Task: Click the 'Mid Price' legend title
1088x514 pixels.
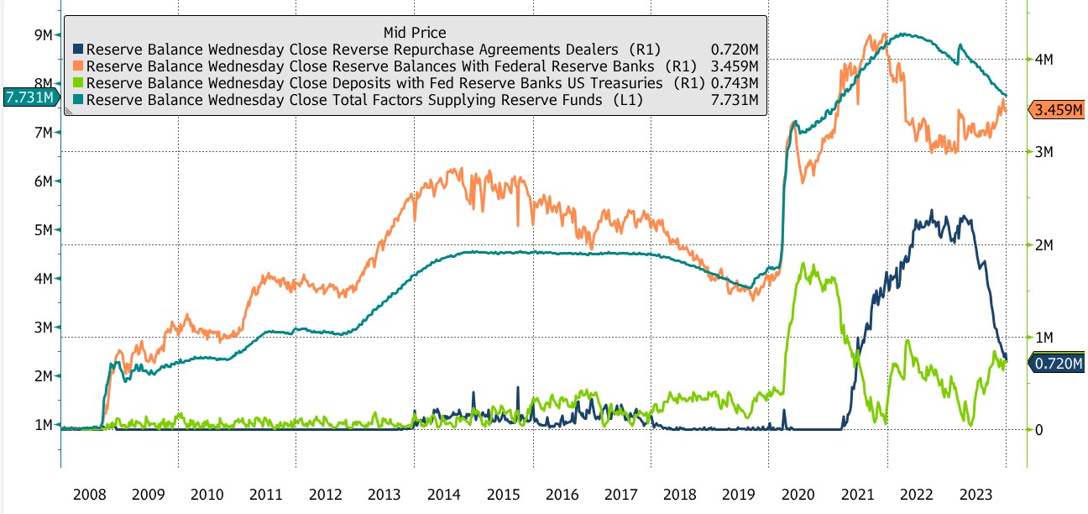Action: (x=415, y=33)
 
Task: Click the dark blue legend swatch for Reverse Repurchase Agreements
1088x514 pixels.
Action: (x=79, y=50)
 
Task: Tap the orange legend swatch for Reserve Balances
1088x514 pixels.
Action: (x=79, y=66)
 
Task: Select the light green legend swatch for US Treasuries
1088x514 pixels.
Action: (x=79, y=83)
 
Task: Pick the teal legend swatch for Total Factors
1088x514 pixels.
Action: (x=79, y=100)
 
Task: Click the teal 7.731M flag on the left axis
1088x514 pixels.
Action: (x=31, y=97)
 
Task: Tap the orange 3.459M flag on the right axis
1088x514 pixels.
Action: (x=1057, y=109)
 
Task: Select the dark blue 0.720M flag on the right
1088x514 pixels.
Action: (x=1057, y=364)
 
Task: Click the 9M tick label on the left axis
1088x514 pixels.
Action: (x=44, y=34)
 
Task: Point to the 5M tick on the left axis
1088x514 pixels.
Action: (x=44, y=229)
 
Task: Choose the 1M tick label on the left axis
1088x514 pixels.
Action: (x=44, y=424)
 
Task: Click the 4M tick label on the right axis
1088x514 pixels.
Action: (x=1048, y=60)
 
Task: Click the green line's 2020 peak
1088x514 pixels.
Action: (x=804, y=264)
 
